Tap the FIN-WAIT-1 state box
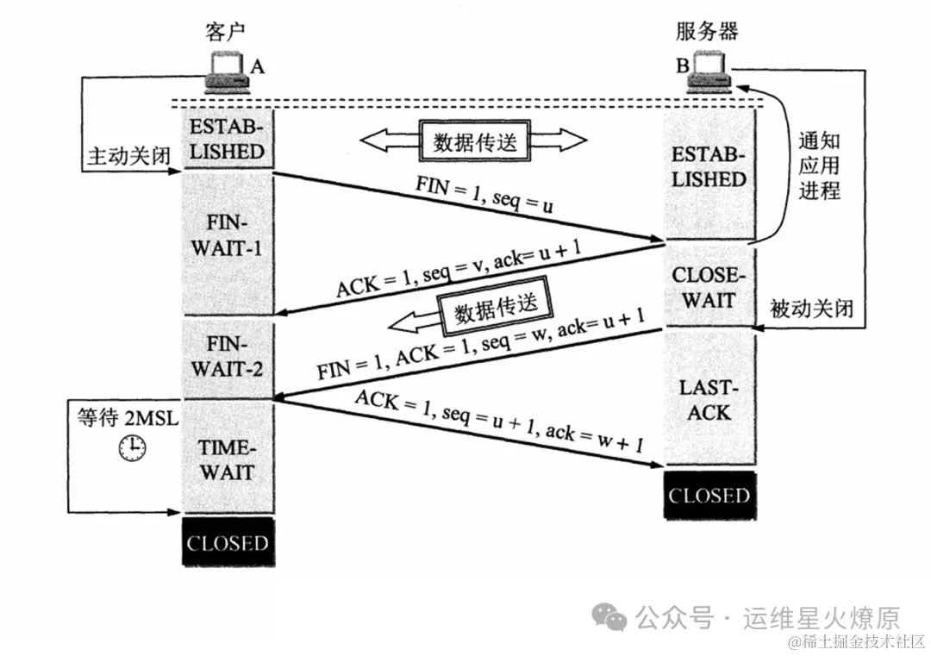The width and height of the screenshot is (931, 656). [227, 237]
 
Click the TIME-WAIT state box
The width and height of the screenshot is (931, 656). [227, 459]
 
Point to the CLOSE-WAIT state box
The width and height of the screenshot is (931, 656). [709, 288]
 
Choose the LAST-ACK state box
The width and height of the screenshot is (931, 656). [709, 399]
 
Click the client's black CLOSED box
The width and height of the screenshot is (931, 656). [228, 543]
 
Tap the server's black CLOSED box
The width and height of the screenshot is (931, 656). [709, 496]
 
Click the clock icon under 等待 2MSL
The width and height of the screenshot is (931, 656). [132, 447]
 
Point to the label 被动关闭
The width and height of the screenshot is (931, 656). [811, 308]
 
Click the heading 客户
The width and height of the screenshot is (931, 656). [226, 32]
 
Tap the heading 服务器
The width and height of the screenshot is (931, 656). [707, 32]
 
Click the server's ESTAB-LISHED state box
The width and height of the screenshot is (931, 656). [709, 168]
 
